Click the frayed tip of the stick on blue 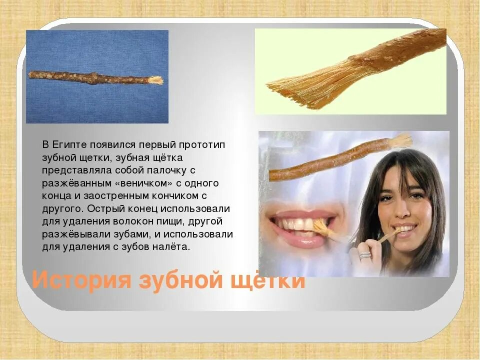point(156,80)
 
